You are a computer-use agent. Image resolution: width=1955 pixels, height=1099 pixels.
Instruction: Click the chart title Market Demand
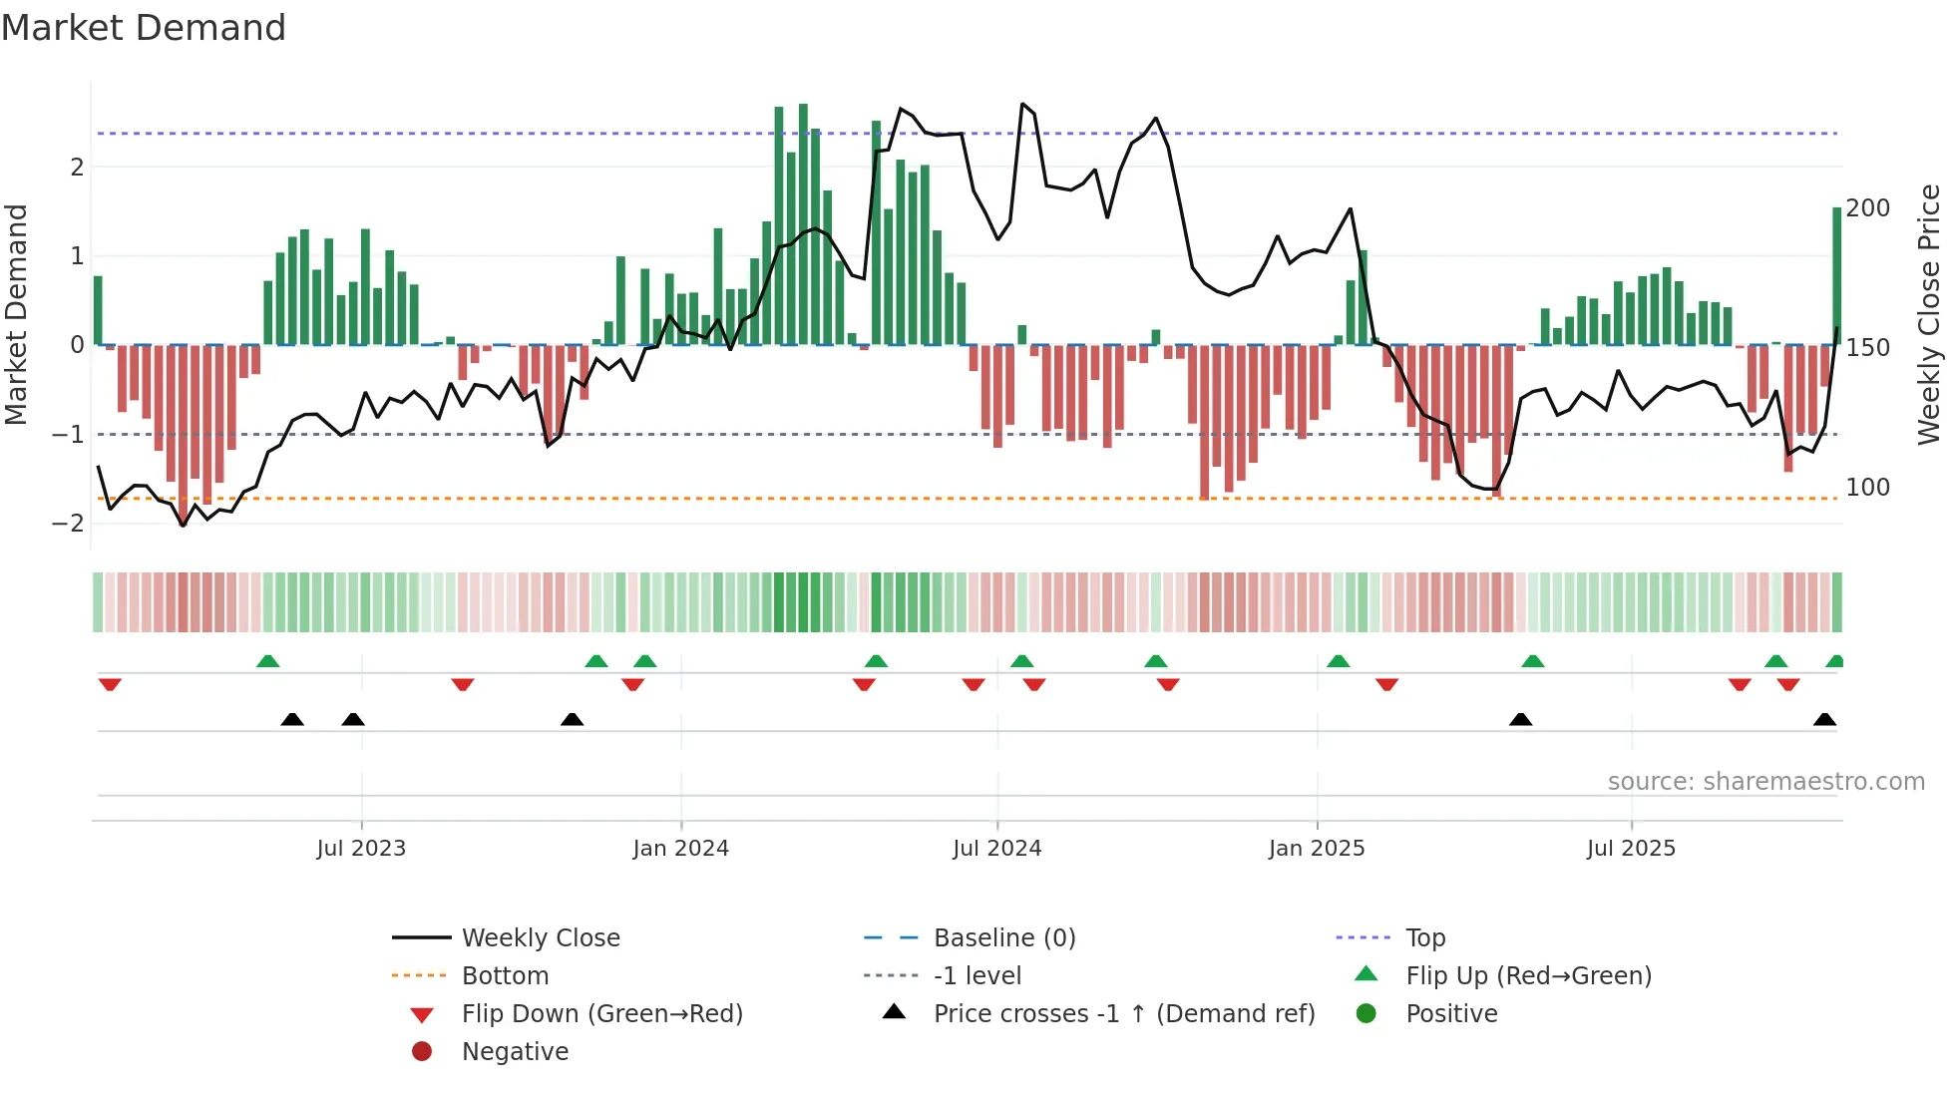(144, 28)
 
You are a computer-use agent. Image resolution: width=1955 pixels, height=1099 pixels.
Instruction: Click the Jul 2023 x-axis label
(361, 849)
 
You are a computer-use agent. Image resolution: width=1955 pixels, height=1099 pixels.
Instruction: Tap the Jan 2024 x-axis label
(680, 849)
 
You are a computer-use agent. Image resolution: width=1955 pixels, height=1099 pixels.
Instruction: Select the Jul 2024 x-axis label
(996, 849)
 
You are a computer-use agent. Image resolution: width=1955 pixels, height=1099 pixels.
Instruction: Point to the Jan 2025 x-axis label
(1316, 849)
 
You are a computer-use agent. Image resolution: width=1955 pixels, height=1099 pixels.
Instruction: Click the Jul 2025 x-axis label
(1631, 849)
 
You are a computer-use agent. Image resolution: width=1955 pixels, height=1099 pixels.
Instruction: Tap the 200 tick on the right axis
(1867, 208)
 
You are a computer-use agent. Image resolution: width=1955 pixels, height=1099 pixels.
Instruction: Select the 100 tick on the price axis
(1867, 488)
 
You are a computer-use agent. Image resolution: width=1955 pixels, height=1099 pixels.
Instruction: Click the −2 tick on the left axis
(68, 524)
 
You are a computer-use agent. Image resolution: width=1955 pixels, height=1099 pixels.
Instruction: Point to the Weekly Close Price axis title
(1929, 314)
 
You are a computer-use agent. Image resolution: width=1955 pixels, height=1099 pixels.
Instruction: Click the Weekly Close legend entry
(540, 938)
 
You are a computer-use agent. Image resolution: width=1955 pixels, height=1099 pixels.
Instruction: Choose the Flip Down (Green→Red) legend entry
(601, 1014)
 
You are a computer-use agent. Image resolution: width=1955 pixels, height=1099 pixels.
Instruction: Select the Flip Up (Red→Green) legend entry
(1528, 976)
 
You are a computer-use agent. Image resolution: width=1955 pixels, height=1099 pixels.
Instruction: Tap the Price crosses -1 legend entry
(1123, 1014)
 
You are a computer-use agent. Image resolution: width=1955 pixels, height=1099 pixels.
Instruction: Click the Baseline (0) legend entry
(1003, 938)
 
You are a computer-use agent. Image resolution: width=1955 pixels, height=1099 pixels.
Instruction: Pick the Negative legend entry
(515, 1052)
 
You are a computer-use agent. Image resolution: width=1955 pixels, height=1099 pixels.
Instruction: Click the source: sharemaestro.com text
(1765, 782)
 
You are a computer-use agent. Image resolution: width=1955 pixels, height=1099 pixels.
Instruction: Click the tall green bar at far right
(1836, 275)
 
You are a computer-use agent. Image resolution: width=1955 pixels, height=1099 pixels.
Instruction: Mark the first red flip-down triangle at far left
(110, 684)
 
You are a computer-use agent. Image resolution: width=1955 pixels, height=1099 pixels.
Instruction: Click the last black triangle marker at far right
(1824, 719)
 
